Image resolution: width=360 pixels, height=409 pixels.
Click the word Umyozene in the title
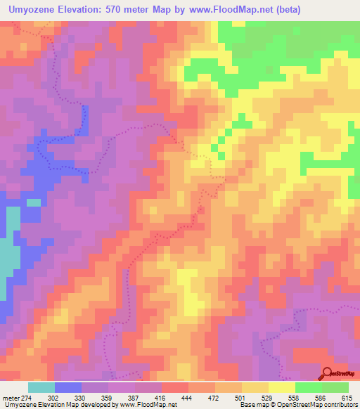coord(34,10)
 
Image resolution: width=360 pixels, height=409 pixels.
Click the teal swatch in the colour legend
coord(41,387)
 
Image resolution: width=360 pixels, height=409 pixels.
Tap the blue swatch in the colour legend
coord(67,387)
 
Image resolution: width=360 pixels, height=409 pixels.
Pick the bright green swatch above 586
coord(309,387)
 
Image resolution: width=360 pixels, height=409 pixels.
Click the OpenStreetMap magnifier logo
coord(328,375)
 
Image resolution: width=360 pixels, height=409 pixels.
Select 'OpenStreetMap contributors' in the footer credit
coord(327,405)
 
